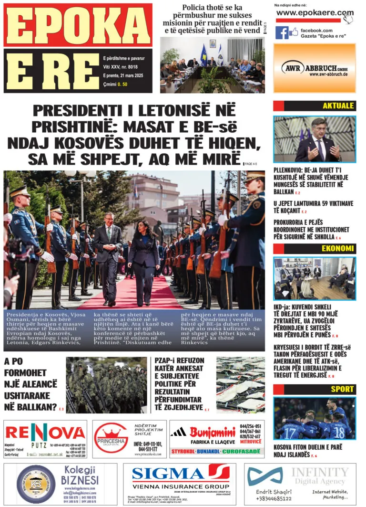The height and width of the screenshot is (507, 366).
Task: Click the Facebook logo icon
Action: point(281,32)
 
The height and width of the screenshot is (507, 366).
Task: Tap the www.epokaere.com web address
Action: point(315,13)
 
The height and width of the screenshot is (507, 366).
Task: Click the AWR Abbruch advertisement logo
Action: point(315,68)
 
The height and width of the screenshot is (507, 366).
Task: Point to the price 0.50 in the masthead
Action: point(123,84)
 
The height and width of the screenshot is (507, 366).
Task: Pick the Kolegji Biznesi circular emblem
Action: point(36,484)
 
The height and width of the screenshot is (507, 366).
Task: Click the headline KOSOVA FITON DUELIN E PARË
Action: point(307,451)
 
